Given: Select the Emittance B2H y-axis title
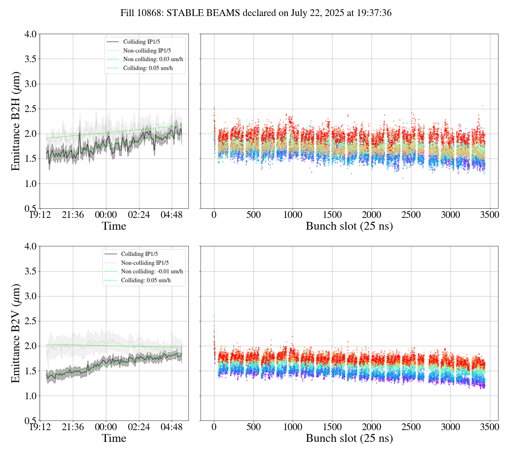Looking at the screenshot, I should coord(16,121).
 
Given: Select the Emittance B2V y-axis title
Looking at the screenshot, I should coord(16,333).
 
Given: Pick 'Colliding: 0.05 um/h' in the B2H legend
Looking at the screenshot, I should coord(148,68).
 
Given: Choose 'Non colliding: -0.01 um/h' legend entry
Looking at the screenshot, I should coord(152,272).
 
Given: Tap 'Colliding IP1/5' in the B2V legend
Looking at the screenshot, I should coord(139,254).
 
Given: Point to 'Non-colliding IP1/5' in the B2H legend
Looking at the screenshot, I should coord(149,51).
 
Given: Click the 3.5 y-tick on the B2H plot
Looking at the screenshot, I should coord(30,59).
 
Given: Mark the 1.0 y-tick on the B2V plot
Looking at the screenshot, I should coord(30,396).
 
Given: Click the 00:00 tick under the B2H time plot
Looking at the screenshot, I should coord(106,215).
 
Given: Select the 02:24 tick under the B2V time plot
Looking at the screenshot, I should coord(139,427).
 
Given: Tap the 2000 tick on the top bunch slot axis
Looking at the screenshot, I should coord(372,215).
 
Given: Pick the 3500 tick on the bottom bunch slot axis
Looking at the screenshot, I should coord(490,427).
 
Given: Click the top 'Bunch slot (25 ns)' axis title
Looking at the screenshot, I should coord(349,226).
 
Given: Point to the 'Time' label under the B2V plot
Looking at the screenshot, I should coord(114,438).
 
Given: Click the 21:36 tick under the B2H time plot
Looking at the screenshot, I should coord(73,215).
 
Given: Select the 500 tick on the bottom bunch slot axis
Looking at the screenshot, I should coord(254,427).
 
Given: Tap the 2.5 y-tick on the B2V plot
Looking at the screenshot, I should coord(30,321).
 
